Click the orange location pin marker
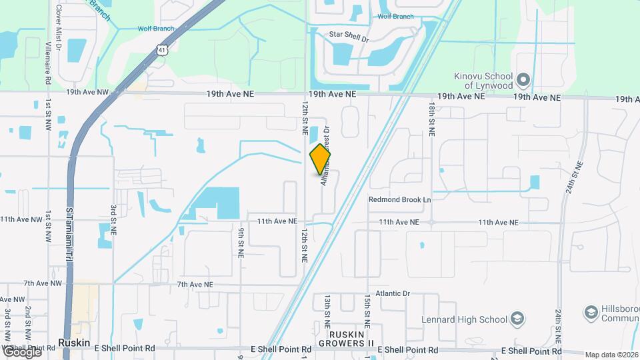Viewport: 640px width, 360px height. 320,159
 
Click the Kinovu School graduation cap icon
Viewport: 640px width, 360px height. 523,80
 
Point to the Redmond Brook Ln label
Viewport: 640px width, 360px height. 400,199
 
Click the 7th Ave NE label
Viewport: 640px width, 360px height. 195,285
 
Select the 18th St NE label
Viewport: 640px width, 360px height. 431,120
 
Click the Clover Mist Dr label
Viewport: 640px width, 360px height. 59,27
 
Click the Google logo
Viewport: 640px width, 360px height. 21,351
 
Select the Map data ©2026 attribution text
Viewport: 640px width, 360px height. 611,355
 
